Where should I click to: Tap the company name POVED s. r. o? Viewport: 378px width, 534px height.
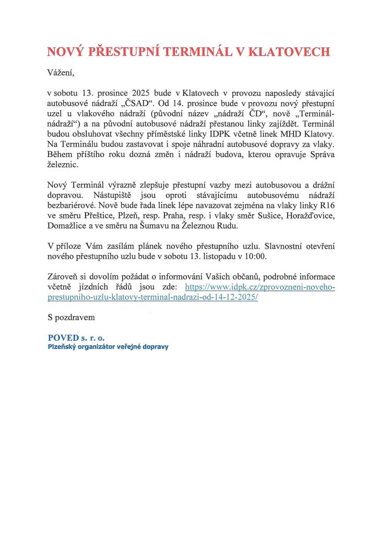(76, 337)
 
